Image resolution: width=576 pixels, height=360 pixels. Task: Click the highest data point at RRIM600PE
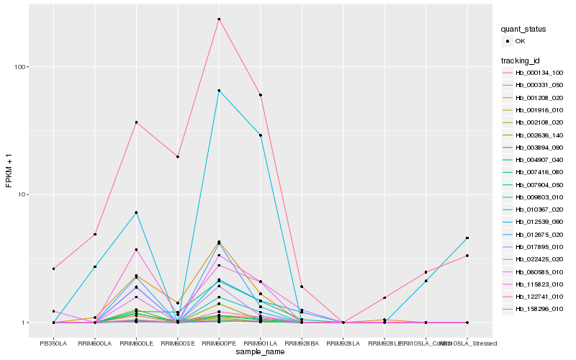click(219, 19)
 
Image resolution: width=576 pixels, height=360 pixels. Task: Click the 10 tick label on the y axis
click(20, 194)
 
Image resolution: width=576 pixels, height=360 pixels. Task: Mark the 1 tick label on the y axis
click(22, 323)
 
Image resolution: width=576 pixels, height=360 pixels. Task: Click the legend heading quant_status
click(524, 29)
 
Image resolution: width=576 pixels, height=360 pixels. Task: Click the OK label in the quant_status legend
click(520, 42)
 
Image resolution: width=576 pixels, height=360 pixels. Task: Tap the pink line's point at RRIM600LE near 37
click(136, 122)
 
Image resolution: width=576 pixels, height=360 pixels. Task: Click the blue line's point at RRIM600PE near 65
click(219, 91)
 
